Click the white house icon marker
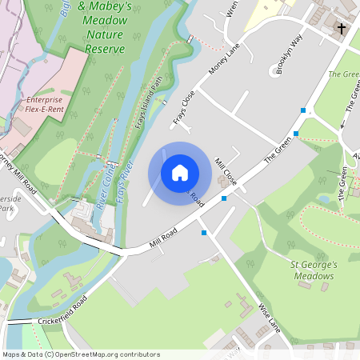pos(179,173)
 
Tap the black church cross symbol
pos(342,29)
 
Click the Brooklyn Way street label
pos(289,55)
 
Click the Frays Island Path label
pos(149,102)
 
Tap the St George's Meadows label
pos(311,270)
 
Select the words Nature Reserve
pos(106,43)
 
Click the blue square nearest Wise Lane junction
pos(205,233)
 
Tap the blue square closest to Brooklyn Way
pos(303,110)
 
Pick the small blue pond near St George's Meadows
pos(324,198)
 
